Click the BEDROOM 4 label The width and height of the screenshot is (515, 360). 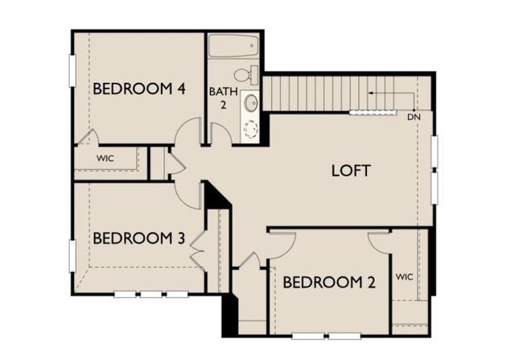click(140, 89)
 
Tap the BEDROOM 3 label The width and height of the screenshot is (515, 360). click(140, 238)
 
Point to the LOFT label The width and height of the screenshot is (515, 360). click(351, 171)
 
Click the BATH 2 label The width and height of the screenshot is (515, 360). click(220, 98)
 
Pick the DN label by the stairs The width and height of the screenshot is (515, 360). click(414, 118)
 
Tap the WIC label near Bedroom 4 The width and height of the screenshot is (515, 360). click(105, 158)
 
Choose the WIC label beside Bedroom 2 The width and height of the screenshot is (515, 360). click(405, 277)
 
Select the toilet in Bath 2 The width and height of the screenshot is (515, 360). click(253, 76)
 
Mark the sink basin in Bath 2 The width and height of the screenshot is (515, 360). click(250, 102)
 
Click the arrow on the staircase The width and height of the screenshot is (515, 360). click(372, 93)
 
